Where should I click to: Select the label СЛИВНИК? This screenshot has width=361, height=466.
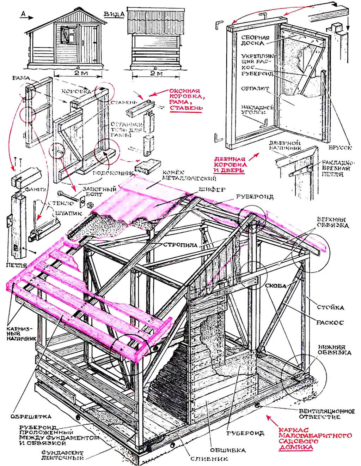(209, 459)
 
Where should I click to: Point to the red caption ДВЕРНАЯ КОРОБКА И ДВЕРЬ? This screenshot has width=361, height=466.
(231, 165)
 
